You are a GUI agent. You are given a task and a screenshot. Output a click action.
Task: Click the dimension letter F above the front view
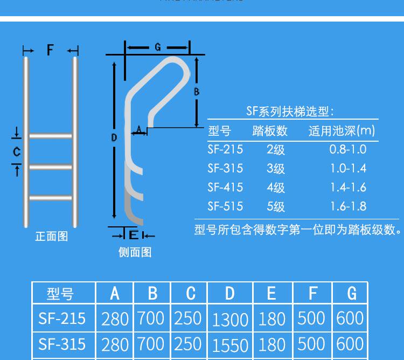click(x=50, y=51)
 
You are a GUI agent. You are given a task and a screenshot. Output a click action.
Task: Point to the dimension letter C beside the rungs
click(x=17, y=152)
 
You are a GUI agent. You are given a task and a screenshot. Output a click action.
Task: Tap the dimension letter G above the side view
click(x=157, y=47)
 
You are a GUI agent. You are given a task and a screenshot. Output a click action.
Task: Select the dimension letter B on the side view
click(x=197, y=92)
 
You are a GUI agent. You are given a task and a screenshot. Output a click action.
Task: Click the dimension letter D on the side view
click(x=114, y=138)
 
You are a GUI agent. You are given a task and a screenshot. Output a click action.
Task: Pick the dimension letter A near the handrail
click(x=139, y=129)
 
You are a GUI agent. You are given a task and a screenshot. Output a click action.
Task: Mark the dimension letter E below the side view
click(x=133, y=235)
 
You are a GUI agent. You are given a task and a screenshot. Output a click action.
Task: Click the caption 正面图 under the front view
click(x=52, y=236)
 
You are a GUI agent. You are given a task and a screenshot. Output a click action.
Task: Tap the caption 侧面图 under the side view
click(x=135, y=252)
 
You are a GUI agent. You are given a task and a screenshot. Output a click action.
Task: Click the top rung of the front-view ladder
click(x=50, y=135)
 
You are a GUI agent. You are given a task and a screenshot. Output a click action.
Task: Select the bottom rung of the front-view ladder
click(x=50, y=198)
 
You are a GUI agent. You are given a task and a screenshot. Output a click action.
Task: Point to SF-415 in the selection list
click(x=225, y=187)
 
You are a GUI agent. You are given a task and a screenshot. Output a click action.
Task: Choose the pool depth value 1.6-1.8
click(x=347, y=206)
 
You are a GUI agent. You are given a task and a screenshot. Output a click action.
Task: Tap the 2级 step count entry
click(x=275, y=150)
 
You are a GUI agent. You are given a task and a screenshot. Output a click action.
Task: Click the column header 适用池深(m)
click(x=342, y=131)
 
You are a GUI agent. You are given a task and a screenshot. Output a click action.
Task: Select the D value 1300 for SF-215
click(x=230, y=320)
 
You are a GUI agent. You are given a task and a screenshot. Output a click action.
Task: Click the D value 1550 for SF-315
click(x=230, y=345)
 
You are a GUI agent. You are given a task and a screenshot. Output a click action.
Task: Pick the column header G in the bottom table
click(x=352, y=293)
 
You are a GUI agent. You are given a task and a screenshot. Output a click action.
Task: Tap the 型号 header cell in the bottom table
click(x=60, y=294)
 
